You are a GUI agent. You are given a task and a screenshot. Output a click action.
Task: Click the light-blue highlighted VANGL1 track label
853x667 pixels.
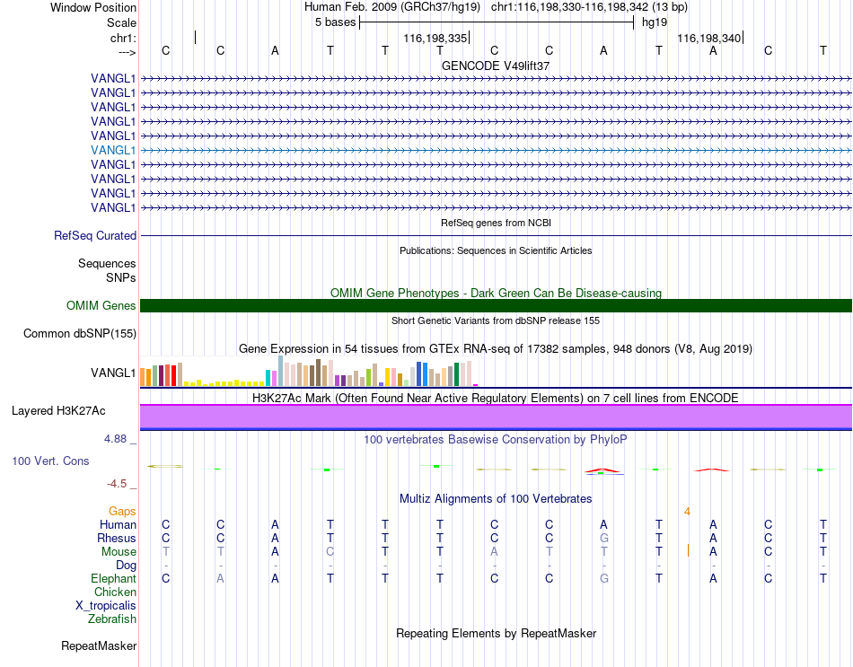(113, 150)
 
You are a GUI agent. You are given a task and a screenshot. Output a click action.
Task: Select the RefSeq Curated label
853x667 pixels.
(95, 235)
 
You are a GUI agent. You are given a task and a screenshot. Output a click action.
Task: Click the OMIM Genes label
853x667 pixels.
(101, 306)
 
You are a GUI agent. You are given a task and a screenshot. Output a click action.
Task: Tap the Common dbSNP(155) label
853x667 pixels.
(80, 334)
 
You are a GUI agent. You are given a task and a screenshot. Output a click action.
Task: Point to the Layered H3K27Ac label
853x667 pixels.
(58, 411)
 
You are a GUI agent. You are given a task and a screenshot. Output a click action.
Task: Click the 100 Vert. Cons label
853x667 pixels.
(50, 461)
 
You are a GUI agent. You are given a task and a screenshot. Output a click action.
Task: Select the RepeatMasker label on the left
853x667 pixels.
(99, 645)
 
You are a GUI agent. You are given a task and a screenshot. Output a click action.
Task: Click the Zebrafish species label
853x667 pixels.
(112, 619)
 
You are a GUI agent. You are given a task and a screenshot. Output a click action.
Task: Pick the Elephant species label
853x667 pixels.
(114, 578)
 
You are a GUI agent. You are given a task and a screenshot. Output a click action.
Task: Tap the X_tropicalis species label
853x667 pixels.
(106, 606)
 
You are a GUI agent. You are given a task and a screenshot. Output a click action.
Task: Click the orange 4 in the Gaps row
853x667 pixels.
(688, 512)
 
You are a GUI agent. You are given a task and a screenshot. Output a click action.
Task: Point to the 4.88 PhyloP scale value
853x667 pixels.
(115, 439)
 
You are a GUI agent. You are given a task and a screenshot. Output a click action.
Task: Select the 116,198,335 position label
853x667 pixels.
(435, 38)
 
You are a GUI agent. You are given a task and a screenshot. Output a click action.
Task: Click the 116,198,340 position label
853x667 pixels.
(708, 38)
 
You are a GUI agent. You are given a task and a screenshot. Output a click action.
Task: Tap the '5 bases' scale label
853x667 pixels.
(335, 22)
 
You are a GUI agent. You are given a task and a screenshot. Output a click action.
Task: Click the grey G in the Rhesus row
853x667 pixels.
(604, 538)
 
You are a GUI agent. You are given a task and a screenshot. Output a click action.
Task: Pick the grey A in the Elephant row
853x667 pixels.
(220, 579)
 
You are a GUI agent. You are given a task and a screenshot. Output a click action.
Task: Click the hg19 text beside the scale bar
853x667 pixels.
(655, 22)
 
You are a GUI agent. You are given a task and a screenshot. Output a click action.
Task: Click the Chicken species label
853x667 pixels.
(115, 592)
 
